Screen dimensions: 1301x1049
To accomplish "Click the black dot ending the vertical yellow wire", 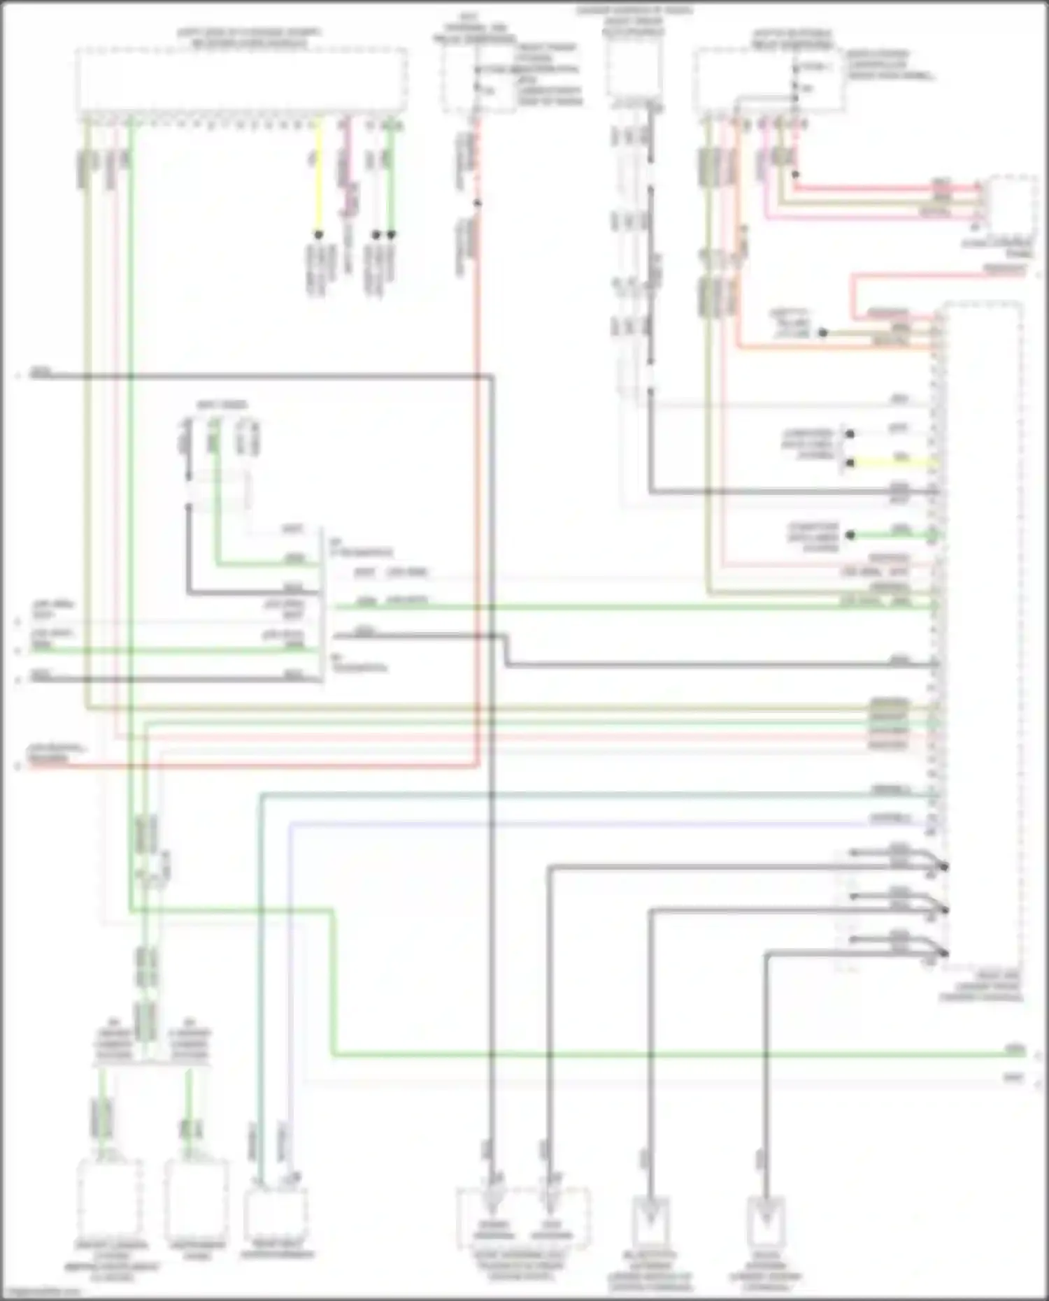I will click(318, 234).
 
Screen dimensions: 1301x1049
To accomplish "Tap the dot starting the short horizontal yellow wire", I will click(850, 462).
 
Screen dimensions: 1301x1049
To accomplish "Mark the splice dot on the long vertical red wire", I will click(478, 203).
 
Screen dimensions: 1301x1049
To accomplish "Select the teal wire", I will click(559, 793).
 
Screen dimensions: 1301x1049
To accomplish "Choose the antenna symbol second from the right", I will click(651, 1220).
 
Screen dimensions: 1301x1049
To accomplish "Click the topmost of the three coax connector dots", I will click(945, 867).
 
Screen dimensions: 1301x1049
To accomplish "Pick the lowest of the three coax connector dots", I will click(945, 953).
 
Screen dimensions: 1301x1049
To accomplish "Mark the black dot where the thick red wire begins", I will click(795, 175).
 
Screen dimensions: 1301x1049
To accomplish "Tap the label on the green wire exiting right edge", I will click(1011, 1051).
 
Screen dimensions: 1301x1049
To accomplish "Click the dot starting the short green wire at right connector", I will click(850, 536).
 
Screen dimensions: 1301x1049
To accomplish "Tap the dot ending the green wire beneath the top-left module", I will click(391, 234).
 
